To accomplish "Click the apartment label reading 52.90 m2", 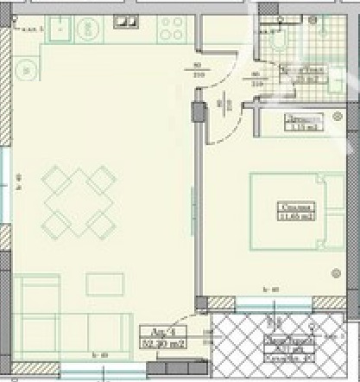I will pos(159,337).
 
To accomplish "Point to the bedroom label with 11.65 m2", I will pos(295,209).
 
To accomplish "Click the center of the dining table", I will pos(78,202).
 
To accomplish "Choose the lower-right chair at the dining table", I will pos(100,226).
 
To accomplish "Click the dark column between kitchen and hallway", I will pos(199,112).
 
